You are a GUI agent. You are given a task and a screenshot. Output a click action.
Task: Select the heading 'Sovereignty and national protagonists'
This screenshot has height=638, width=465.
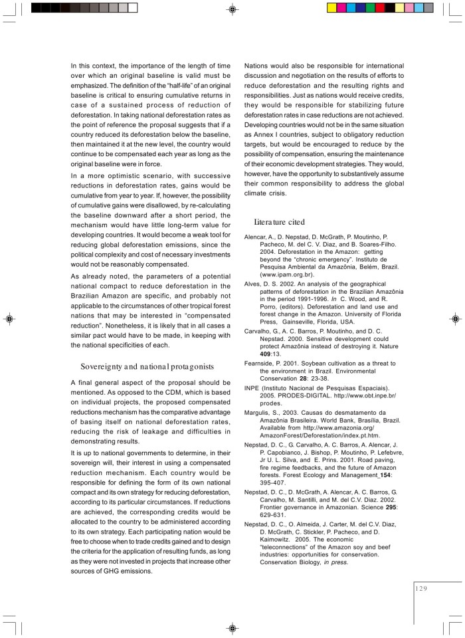147,366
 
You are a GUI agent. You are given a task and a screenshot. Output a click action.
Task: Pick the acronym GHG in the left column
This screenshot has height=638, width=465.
108,571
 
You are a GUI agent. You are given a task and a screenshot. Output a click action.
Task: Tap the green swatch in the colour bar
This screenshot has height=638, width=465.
370,8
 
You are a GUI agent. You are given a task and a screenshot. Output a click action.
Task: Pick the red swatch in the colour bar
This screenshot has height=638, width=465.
380,8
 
